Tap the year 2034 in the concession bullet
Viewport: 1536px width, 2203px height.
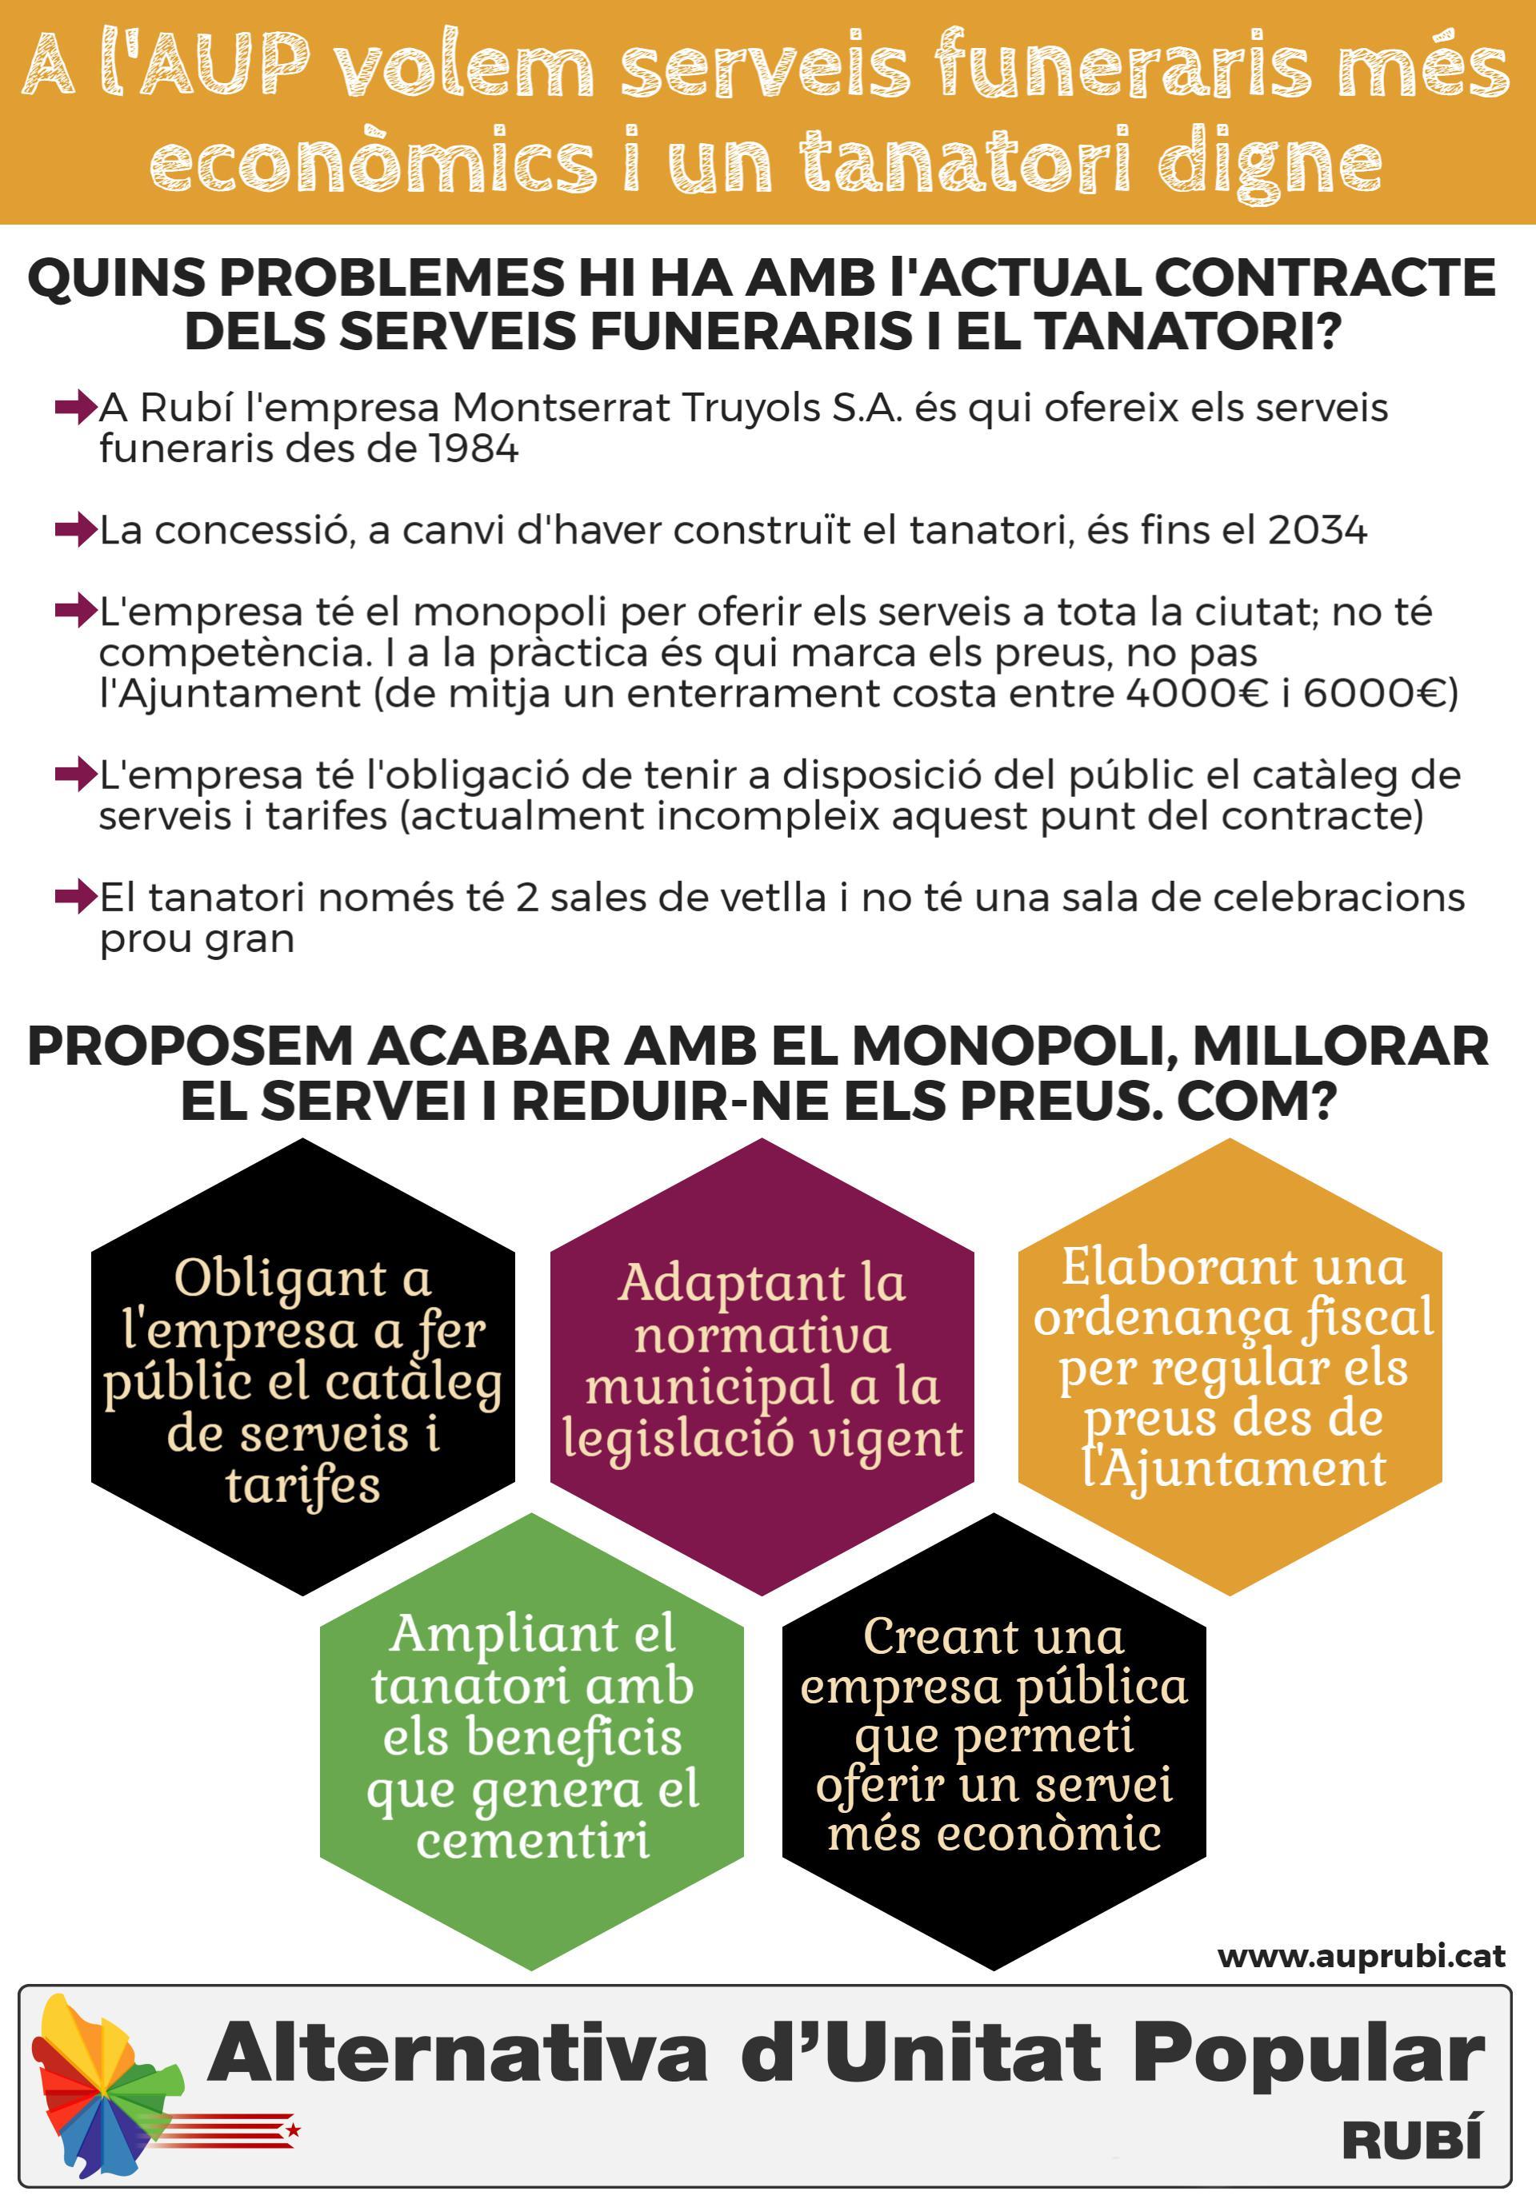click(x=1317, y=531)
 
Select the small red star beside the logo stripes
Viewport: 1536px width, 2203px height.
click(x=294, y=2130)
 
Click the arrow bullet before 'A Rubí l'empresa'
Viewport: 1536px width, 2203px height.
click(x=75, y=408)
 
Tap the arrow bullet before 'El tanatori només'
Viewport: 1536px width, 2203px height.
click(x=75, y=897)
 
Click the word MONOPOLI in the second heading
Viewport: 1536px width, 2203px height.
click(x=1008, y=1046)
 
